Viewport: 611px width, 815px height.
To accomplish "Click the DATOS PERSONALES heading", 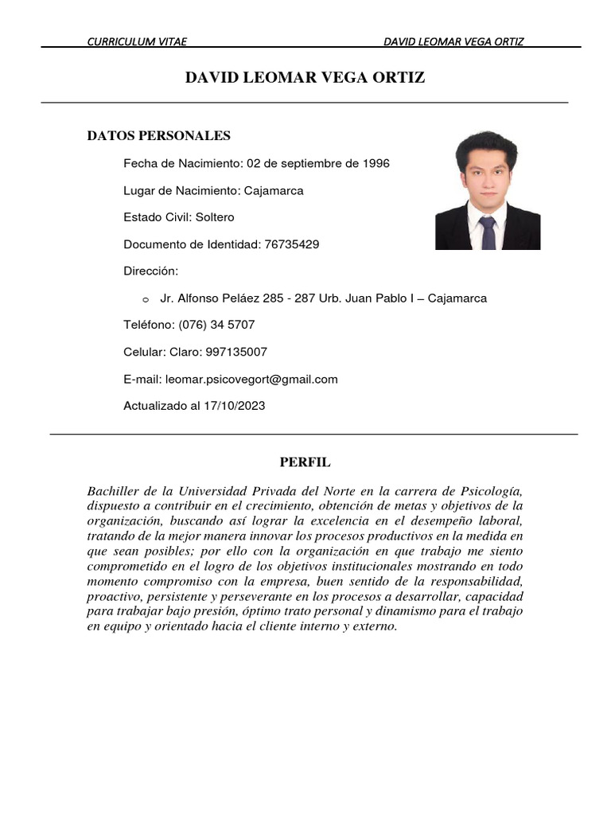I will (158, 136).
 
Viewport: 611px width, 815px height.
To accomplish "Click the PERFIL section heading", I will (305, 462).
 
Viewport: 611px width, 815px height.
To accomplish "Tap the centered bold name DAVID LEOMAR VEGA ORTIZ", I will (305, 77).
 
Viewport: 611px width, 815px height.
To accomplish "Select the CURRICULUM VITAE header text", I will (137, 41).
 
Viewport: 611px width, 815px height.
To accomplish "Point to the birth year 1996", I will (376, 163).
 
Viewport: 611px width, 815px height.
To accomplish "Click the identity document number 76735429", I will (290, 244).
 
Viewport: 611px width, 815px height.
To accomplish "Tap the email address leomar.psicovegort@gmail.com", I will (251, 380).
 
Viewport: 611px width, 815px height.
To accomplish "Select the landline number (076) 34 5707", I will (216, 326).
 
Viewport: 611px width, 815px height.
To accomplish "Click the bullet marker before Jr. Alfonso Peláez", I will (145, 300).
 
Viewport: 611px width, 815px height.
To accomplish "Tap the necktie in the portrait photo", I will (487, 232).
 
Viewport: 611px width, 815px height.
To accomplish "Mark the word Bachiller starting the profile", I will (111, 490).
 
